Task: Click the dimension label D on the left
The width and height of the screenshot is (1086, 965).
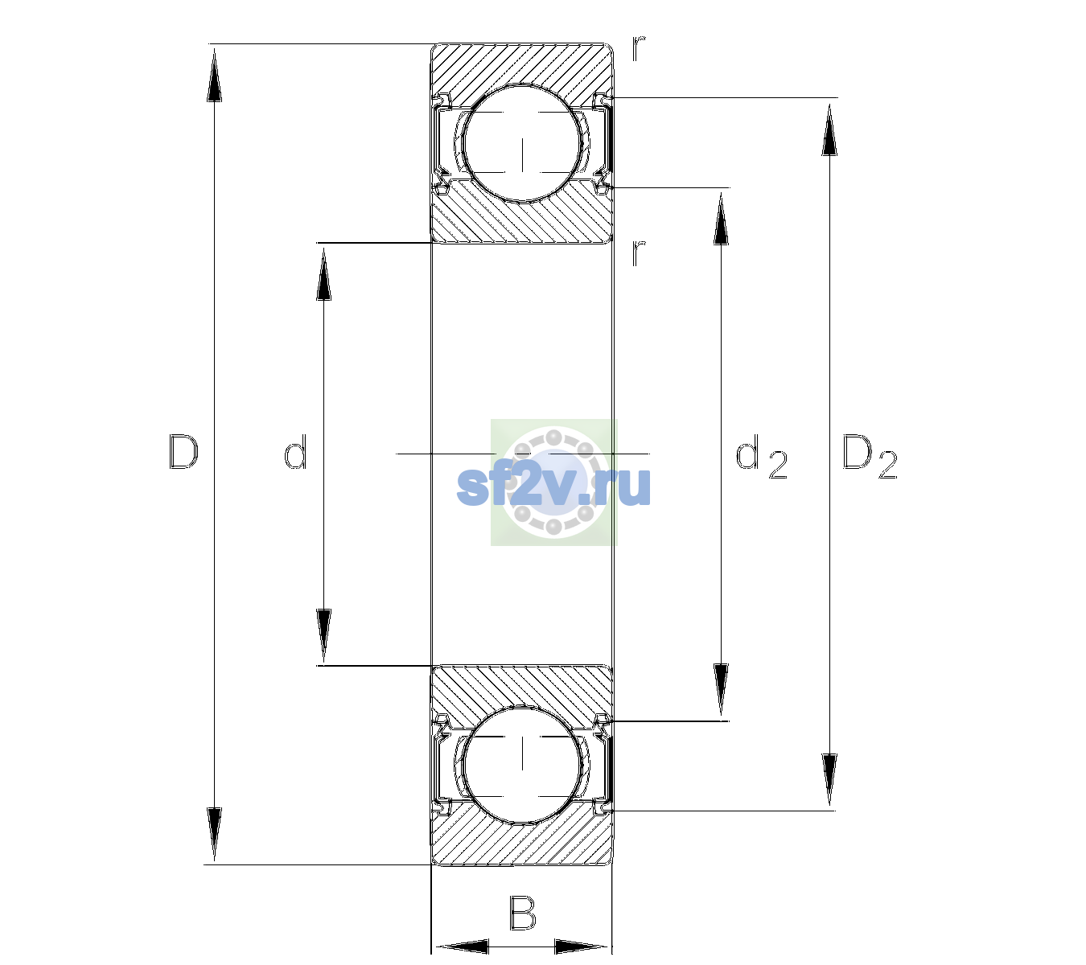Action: [183, 452]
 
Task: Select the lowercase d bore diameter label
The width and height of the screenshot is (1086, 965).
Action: [295, 452]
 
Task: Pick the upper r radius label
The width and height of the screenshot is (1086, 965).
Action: [639, 48]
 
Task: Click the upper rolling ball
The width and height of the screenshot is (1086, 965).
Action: [522, 143]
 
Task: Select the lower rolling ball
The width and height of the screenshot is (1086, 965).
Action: [522, 764]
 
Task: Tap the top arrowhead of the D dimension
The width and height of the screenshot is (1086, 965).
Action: [215, 75]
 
